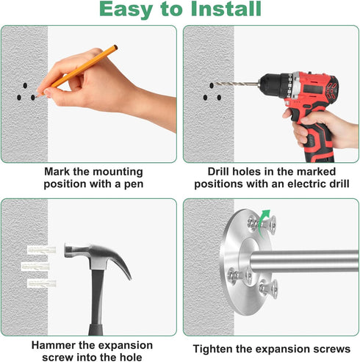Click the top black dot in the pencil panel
click(x=25, y=86)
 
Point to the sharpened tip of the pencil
click(x=37, y=97)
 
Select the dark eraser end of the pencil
click(x=115, y=48)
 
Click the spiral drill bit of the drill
click(x=237, y=84)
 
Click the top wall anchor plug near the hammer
click(x=41, y=250)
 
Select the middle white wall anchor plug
click(x=35, y=267)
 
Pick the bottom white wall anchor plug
click(x=42, y=283)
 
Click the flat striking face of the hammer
click(x=66, y=250)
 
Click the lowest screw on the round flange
click(x=269, y=289)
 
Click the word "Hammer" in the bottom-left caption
click(x=54, y=345)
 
